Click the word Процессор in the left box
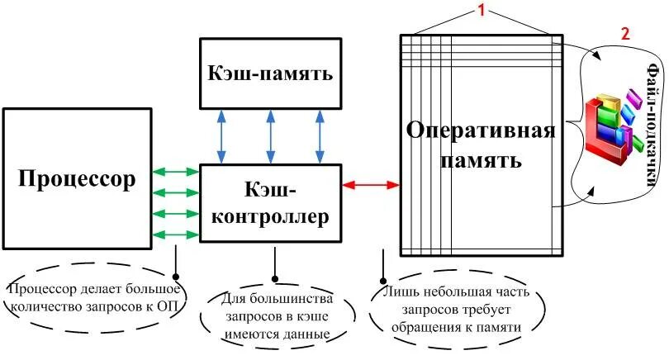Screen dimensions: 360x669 [75, 178]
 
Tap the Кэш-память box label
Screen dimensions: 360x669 [270, 73]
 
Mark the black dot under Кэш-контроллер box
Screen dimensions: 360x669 [275, 277]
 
